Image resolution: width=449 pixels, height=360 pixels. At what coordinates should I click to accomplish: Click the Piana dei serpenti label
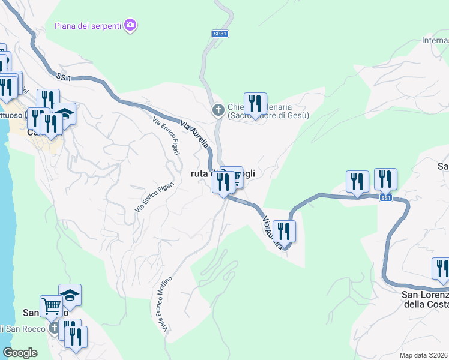click(88, 25)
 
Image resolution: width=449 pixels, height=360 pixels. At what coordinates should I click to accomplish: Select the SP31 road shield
click(221, 34)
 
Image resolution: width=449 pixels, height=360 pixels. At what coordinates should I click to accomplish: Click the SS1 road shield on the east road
click(387, 198)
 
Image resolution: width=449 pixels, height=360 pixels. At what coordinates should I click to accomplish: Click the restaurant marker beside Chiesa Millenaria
click(255, 103)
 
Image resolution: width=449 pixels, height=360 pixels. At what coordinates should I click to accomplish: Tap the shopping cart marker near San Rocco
click(52, 307)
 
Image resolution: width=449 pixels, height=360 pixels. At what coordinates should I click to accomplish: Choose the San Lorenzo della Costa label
click(426, 299)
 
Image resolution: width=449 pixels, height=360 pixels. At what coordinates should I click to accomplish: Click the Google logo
click(20, 353)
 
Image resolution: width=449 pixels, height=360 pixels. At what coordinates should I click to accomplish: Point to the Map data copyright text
click(423, 355)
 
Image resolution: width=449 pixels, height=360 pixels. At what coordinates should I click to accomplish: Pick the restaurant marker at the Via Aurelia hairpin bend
click(284, 231)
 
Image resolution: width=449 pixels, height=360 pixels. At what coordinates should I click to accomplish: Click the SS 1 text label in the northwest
click(64, 77)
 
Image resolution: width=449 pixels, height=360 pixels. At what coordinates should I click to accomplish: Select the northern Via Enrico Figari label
click(166, 136)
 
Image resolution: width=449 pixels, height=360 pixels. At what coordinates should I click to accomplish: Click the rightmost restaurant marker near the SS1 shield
click(385, 179)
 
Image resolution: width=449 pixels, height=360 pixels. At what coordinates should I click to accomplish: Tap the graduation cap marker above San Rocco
click(70, 295)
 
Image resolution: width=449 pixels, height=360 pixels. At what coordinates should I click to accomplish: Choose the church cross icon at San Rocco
click(55, 328)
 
